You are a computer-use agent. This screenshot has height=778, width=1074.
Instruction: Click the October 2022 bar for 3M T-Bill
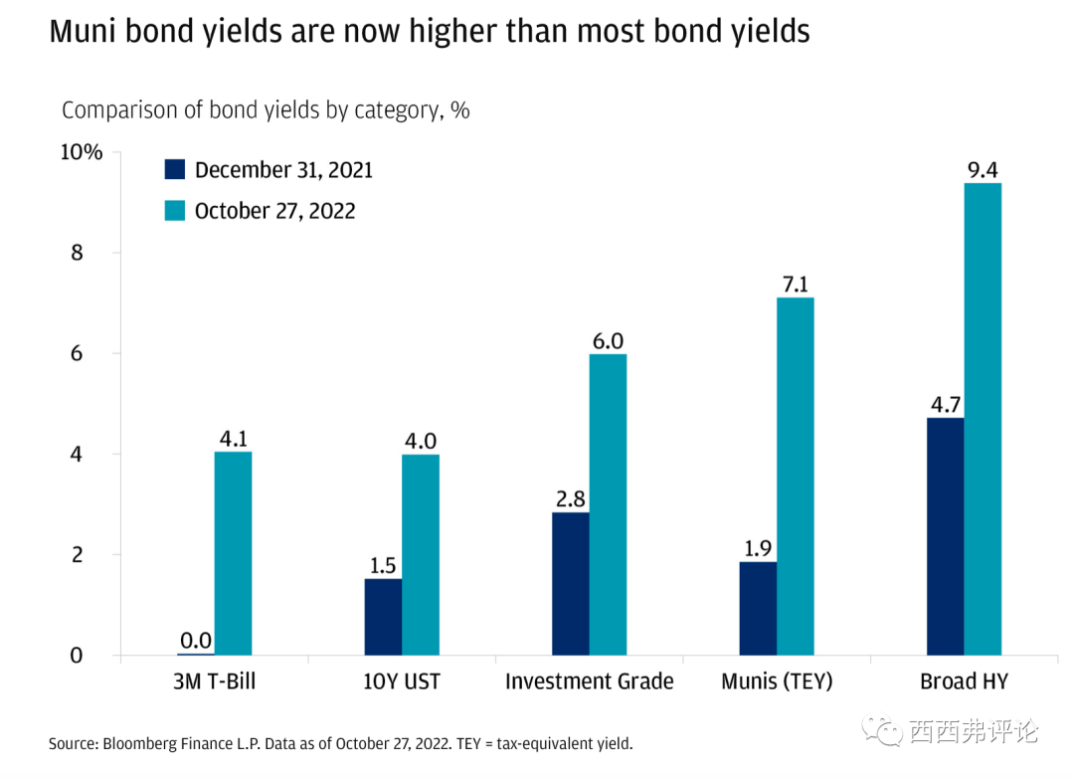point(233,553)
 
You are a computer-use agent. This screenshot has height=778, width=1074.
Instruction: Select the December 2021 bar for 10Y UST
point(383,617)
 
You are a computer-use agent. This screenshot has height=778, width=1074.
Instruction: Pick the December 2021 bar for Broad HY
point(945,536)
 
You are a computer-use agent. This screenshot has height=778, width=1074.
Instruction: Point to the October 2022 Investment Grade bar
point(608,504)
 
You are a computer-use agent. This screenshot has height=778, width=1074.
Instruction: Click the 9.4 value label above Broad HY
point(983,170)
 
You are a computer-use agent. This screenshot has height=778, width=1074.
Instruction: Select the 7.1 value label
point(796,285)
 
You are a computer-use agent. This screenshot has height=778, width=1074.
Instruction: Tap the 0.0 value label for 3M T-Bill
point(196,641)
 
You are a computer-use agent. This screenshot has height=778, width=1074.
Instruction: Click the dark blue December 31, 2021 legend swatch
point(175,169)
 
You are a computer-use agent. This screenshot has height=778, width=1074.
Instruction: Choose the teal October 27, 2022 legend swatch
point(175,210)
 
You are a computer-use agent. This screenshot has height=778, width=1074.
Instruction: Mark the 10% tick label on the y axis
point(81,152)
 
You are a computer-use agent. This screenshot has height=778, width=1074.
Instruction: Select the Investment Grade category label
point(589,681)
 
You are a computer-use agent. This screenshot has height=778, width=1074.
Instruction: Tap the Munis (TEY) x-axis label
point(777,681)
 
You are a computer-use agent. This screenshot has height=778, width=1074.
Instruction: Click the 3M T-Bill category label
point(214,681)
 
